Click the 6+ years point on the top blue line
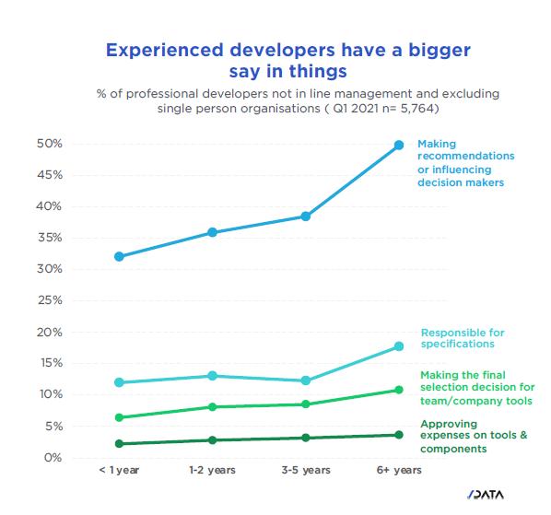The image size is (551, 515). (x=399, y=145)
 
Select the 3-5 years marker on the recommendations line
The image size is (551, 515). (x=306, y=217)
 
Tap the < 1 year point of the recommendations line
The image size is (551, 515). (x=119, y=256)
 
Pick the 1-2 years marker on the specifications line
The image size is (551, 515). (x=212, y=376)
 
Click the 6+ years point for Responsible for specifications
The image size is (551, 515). (x=399, y=346)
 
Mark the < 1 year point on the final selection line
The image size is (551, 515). (x=119, y=417)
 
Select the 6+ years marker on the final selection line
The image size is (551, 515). (x=399, y=390)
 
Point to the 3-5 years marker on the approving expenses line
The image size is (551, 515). (x=306, y=438)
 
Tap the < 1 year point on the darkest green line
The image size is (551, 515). (x=119, y=444)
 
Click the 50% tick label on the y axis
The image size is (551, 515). (x=50, y=144)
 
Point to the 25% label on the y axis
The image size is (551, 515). (x=50, y=300)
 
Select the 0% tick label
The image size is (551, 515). (x=53, y=458)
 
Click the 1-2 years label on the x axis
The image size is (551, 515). (x=212, y=470)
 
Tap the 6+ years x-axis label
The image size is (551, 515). (x=399, y=470)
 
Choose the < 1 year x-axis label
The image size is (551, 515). (x=119, y=470)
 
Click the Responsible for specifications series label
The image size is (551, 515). (x=463, y=338)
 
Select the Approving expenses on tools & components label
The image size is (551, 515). (x=474, y=437)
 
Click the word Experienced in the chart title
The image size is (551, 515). (x=164, y=50)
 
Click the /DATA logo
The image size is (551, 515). (x=486, y=495)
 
